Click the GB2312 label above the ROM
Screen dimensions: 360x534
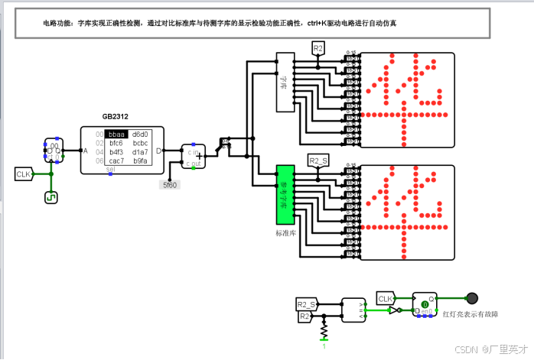[116, 117]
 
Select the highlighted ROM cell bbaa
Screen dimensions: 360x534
[117, 134]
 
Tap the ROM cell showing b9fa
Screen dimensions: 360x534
[140, 161]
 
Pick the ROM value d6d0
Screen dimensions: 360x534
[141, 134]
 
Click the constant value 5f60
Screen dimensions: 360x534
[170, 184]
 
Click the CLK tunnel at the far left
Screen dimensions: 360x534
[23, 174]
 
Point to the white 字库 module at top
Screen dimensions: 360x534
[285, 82]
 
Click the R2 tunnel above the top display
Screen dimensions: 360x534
[319, 48]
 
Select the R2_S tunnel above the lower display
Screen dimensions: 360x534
[318, 160]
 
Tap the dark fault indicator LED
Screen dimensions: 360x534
[472, 298]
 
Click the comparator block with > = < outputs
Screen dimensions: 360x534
[353, 310]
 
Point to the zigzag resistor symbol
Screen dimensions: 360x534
[324, 331]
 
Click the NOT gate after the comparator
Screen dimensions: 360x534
[392, 311]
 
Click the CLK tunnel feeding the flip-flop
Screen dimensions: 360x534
[386, 298]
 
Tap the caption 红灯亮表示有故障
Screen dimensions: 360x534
[471, 314]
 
